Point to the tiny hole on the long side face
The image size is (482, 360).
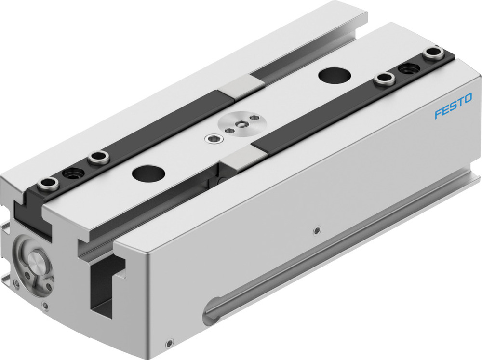[x=316, y=230]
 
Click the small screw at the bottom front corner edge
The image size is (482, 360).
[x=168, y=344]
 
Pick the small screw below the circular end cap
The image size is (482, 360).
[x=45, y=305]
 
